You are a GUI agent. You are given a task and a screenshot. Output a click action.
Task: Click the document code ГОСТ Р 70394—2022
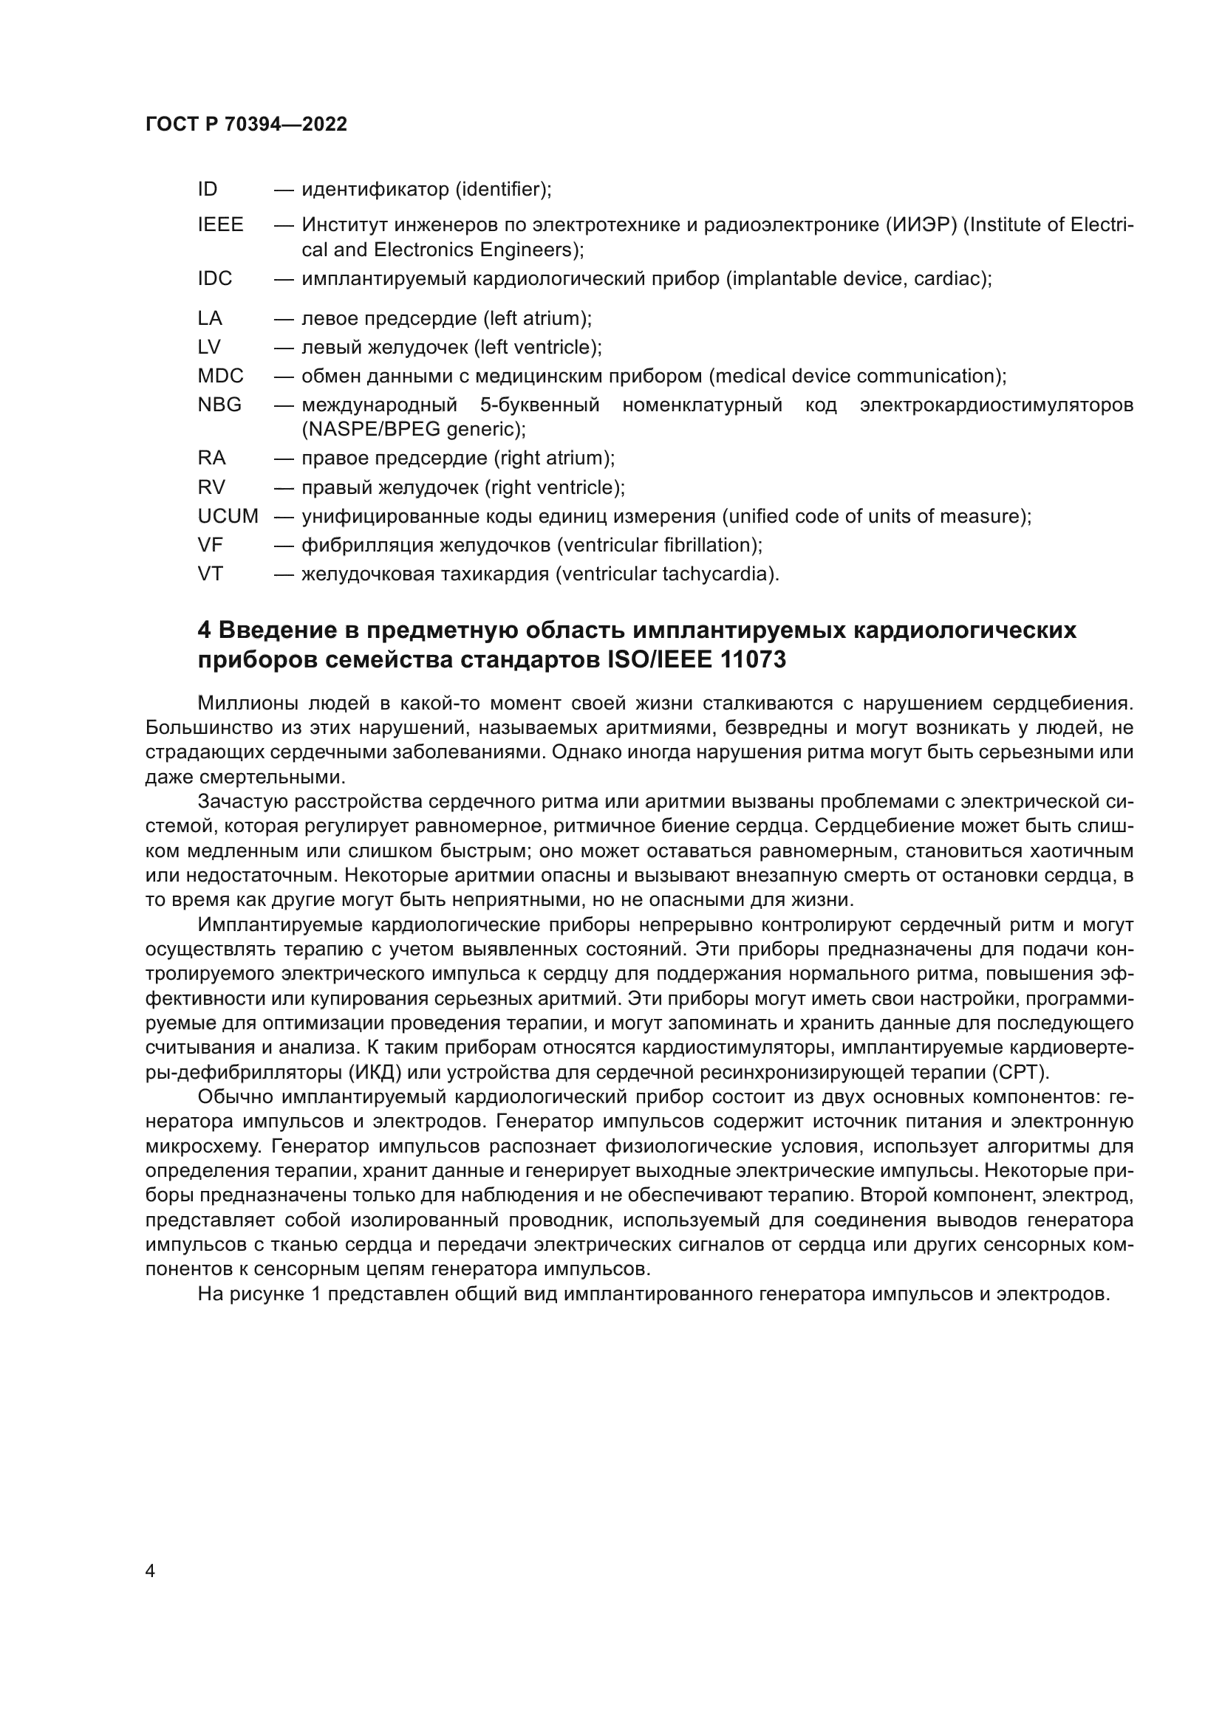(246, 125)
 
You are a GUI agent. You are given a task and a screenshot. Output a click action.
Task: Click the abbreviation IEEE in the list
(220, 225)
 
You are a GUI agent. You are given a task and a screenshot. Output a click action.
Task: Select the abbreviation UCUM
(228, 517)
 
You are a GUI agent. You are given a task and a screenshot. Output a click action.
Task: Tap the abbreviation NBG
(219, 405)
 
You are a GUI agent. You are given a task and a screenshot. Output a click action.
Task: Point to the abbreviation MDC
(220, 376)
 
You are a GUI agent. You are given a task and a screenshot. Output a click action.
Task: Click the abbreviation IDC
(215, 279)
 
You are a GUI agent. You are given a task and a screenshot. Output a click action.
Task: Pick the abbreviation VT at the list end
(210, 574)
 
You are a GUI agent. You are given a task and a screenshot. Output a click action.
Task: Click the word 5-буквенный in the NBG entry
(539, 405)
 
